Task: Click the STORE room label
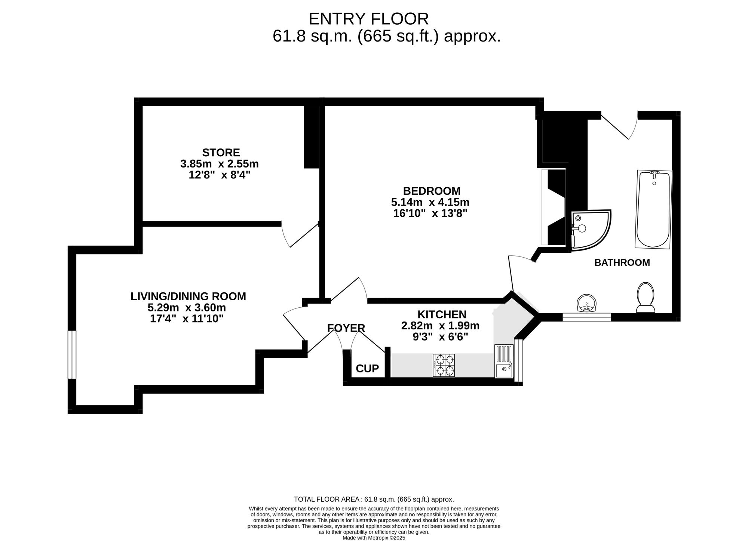221,153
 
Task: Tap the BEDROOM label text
431,191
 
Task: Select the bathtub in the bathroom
653,209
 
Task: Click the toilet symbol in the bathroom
646,298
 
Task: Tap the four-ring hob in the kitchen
444,365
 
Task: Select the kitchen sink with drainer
504,361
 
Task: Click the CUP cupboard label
367,369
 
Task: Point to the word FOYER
346,328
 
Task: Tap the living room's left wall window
72,354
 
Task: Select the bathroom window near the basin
586,317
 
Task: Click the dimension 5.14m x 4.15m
430,202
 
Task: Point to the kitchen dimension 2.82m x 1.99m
440,326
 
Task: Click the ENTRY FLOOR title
368,19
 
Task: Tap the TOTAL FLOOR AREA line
374,499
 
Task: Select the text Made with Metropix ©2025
374,538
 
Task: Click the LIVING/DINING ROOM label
188,296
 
